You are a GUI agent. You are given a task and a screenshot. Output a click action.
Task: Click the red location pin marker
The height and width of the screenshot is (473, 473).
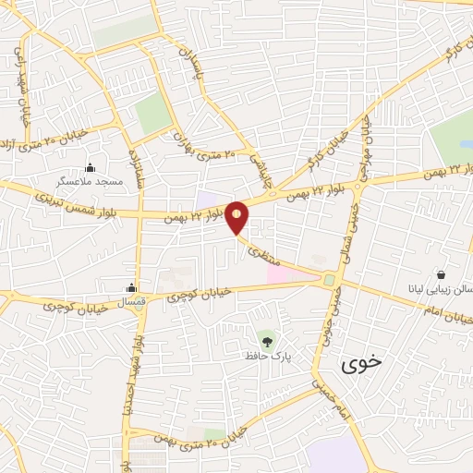[237, 216]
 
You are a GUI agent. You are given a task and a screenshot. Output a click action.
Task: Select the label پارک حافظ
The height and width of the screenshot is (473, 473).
[267, 356]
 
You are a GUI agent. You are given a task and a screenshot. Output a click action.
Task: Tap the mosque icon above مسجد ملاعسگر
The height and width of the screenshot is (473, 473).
[90, 167]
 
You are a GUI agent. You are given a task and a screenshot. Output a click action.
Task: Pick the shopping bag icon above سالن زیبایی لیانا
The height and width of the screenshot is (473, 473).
[441, 274]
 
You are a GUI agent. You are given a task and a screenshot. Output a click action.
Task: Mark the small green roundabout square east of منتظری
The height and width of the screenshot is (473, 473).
[329, 279]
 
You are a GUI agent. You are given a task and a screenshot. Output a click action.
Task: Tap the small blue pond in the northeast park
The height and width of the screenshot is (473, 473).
[466, 144]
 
